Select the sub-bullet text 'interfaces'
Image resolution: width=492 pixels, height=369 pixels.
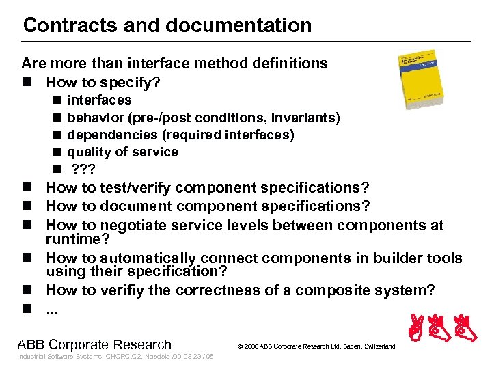(99, 100)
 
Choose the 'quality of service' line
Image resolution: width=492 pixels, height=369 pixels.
(122, 152)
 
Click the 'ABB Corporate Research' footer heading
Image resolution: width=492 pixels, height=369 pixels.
(94, 344)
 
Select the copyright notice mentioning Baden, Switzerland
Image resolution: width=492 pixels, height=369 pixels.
(316, 347)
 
